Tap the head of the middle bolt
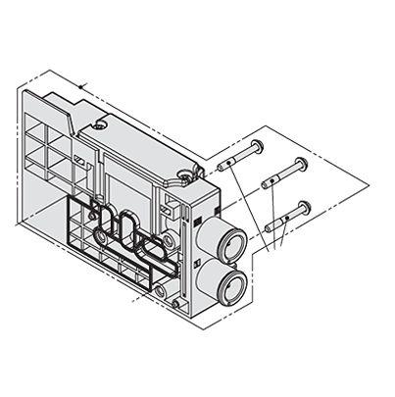301,164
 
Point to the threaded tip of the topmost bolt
224,166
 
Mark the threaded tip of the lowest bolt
267,227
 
